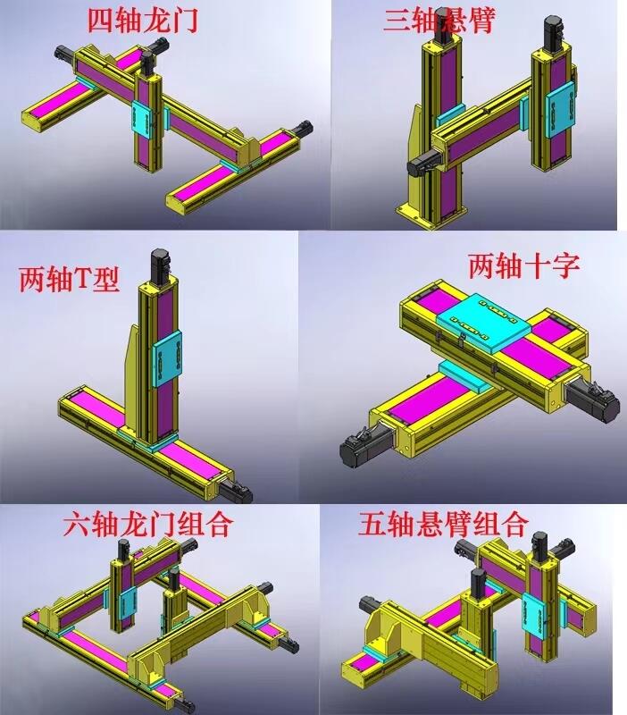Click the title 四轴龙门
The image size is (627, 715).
(x=143, y=21)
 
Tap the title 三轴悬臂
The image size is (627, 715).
(x=439, y=21)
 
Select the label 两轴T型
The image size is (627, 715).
(x=70, y=279)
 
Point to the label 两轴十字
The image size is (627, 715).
(x=524, y=265)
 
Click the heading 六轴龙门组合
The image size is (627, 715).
(x=147, y=524)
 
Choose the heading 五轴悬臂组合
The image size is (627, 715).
(x=443, y=524)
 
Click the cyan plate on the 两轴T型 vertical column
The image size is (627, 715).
(x=167, y=359)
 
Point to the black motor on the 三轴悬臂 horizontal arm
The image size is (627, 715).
(x=423, y=164)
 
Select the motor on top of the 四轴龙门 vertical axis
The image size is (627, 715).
(x=147, y=63)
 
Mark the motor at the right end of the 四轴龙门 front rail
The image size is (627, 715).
(x=303, y=128)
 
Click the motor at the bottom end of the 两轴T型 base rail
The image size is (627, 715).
(x=235, y=492)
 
